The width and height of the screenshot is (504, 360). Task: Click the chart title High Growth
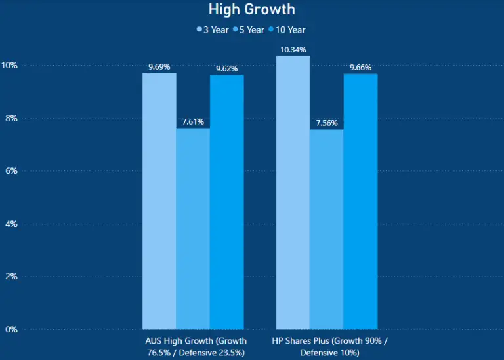tap(252, 9)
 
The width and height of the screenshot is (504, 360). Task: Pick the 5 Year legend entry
tap(248, 30)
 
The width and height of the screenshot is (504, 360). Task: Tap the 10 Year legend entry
tap(286, 30)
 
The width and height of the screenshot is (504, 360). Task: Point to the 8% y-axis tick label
tap(11, 119)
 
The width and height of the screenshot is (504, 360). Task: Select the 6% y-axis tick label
tap(11, 171)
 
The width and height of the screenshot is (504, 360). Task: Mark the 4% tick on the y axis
tap(11, 224)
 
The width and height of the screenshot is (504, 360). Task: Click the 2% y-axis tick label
tap(11, 277)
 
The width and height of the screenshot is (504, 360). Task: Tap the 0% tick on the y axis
tap(11, 329)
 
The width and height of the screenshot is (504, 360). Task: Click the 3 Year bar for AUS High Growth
tap(159, 201)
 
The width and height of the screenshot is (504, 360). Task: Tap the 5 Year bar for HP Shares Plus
tap(326, 229)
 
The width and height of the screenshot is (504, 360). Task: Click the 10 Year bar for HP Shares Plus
tap(360, 201)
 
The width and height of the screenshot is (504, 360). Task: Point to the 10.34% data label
tap(293, 50)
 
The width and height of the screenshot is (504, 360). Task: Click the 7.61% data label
tap(193, 121)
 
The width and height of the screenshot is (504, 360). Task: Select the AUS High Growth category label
tap(196, 347)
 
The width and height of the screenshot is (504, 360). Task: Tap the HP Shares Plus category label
tap(329, 347)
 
